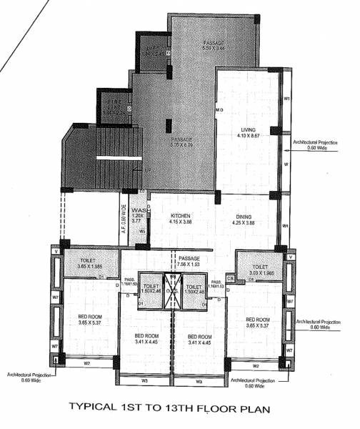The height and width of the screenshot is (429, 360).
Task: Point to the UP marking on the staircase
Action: (x=148, y=171)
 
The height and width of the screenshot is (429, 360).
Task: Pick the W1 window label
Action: (x=286, y=98)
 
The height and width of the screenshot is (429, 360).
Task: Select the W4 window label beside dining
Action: (x=285, y=227)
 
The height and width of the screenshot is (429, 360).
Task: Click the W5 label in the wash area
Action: (x=142, y=231)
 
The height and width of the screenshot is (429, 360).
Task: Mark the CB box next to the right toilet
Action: (x=230, y=277)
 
